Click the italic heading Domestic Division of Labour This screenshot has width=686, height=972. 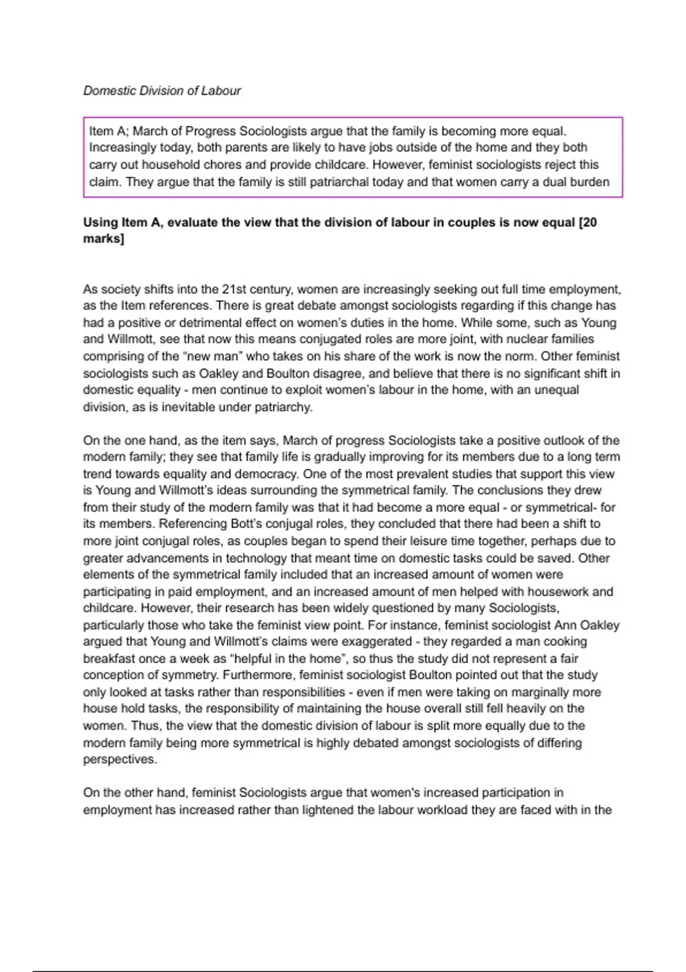coord(162,90)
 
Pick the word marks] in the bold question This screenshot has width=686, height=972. coord(103,238)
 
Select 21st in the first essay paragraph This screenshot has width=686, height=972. coord(235,289)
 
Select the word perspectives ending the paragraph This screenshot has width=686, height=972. coord(119,759)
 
